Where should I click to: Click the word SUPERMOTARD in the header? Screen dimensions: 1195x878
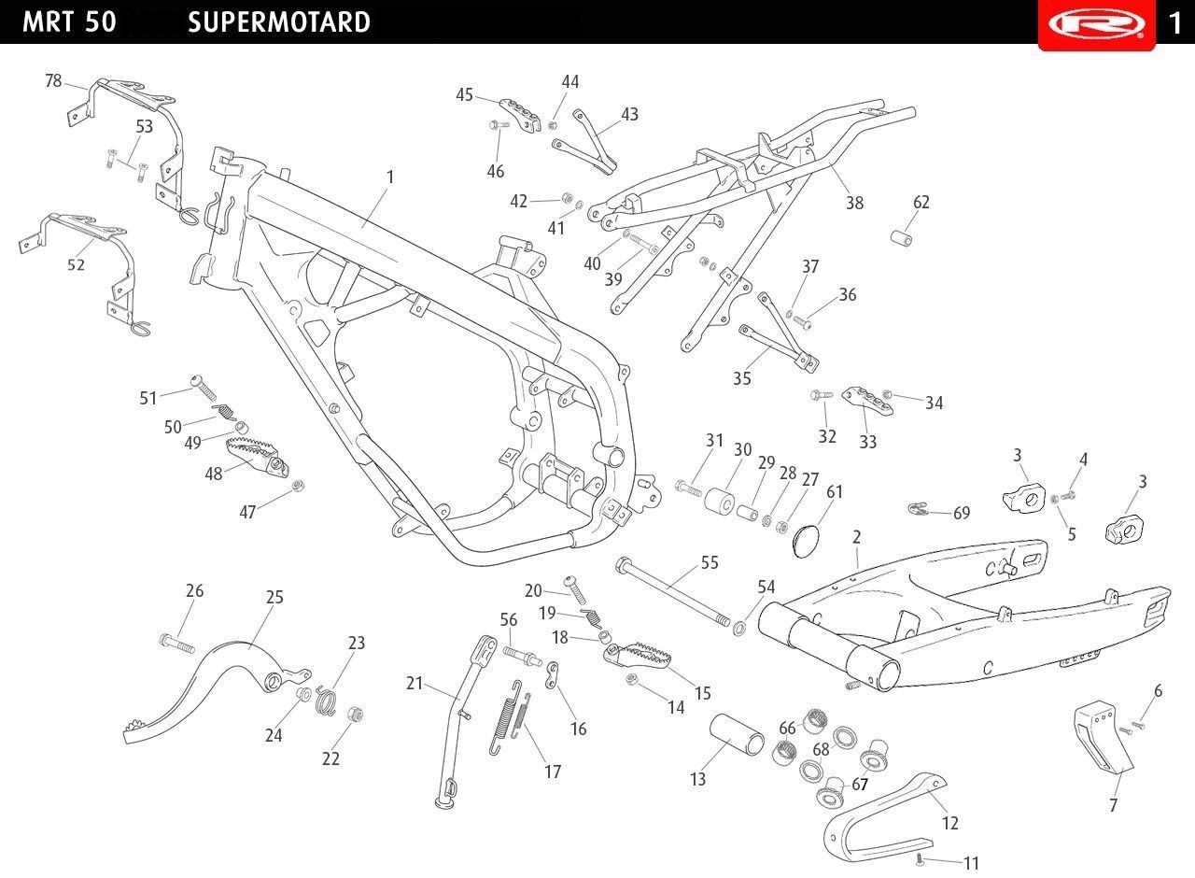[x=278, y=22]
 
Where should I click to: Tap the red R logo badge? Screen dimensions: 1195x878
[x=1097, y=25]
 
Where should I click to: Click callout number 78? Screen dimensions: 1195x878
[x=53, y=81]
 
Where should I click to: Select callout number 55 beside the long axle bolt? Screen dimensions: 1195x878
[x=710, y=562]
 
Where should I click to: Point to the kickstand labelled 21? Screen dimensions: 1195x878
[x=466, y=723]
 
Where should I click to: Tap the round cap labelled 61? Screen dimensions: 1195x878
[x=806, y=542]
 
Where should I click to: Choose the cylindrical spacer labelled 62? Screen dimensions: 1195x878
[x=902, y=238]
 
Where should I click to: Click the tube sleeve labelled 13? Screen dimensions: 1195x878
[x=737, y=734]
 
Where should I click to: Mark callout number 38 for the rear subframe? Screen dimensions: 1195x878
[x=854, y=203]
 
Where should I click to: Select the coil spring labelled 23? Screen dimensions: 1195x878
[x=325, y=700]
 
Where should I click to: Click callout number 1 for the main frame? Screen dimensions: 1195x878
[x=390, y=177]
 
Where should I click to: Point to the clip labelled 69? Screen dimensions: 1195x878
[x=919, y=509]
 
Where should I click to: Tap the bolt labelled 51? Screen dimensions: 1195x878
[x=204, y=388]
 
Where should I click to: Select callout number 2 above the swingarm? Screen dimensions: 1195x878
[x=857, y=537]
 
